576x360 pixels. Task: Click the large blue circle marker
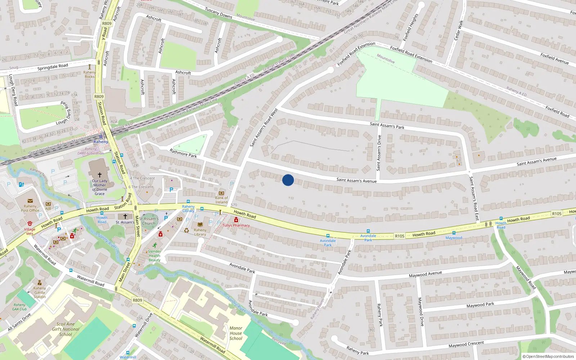pos(288,180)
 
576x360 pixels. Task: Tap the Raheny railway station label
pos(101,141)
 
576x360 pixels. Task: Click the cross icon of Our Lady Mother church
pos(100,175)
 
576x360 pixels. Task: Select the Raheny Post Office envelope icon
pos(30,201)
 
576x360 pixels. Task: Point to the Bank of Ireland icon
pos(221,193)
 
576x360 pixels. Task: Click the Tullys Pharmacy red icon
pos(236,220)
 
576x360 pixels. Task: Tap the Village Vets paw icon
pos(30,224)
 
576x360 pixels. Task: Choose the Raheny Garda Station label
pos(40,292)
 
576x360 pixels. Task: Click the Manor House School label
pos(236,333)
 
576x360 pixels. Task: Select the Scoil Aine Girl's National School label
pos(66,329)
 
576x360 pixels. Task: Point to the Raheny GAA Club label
pos(19,307)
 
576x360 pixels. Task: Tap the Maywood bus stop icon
pos(454,233)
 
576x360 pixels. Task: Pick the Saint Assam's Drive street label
pos(379,153)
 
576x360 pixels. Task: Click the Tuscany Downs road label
pos(219,13)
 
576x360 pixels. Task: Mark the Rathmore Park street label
pos(183,153)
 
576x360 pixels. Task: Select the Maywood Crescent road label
pos(466,345)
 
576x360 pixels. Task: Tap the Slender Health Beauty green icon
pos(154,246)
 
